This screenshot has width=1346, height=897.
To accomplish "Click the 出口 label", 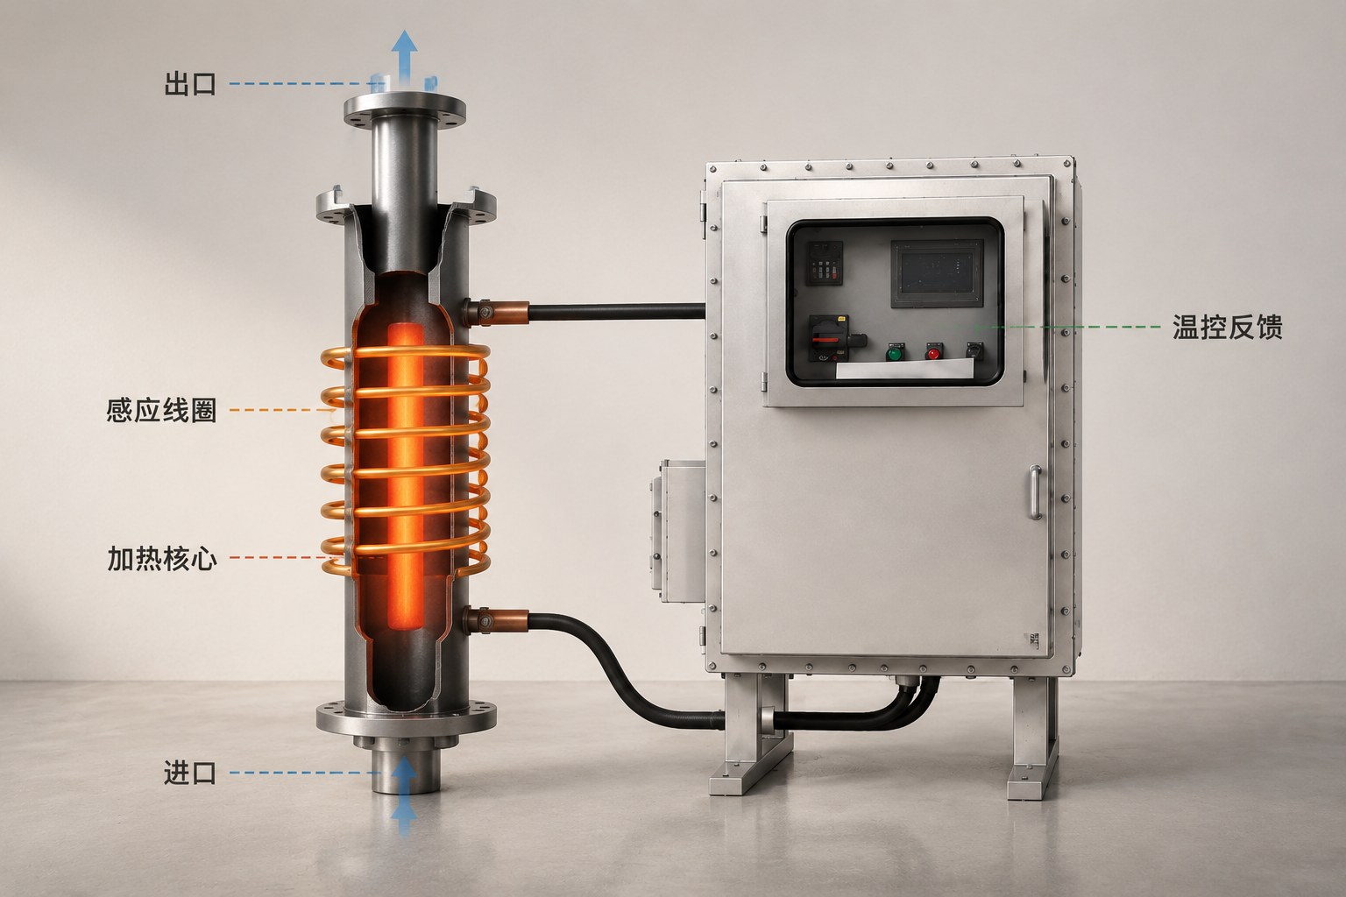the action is click(x=190, y=83).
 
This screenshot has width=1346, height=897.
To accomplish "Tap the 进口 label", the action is click(x=190, y=773).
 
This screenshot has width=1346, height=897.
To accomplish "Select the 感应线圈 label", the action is click(x=161, y=410).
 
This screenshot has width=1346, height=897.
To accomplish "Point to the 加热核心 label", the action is click(x=161, y=558).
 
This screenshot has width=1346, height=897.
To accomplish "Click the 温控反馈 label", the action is click(x=1227, y=327).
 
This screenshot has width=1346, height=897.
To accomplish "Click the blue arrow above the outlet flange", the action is click(x=405, y=60).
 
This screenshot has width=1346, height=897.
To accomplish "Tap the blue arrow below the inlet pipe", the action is click(x=404, y=795).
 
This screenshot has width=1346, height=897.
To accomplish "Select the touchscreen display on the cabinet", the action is click(x=937, y=273).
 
